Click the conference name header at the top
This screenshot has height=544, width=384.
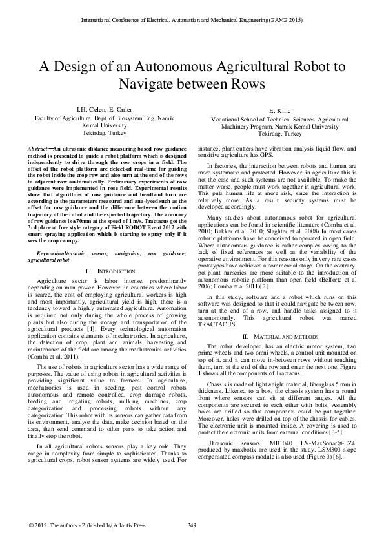pos(192,21)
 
